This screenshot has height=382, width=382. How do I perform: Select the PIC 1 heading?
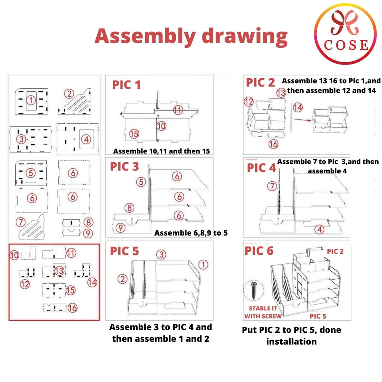tap(126, 85)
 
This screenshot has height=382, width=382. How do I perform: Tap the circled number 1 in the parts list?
tap(31, 100)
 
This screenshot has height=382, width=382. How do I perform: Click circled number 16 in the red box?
tap(73, 308)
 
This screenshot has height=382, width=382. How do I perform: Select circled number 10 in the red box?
tap(14, 255)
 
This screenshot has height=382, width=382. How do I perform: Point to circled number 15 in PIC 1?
tap(134, 133)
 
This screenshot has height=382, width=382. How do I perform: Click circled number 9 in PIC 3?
tap(120, 226)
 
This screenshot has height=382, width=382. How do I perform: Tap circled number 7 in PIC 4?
tap(273, 185)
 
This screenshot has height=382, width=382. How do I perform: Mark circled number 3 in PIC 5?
tap(161, 255)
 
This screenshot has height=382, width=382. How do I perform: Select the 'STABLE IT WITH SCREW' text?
tap(263, 312)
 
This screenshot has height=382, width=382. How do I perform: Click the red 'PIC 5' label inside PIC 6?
tap(318, 316)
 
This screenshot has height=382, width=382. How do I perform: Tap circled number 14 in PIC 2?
tap(297, 107)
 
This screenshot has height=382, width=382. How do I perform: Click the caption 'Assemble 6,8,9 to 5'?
tap(191, 233)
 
